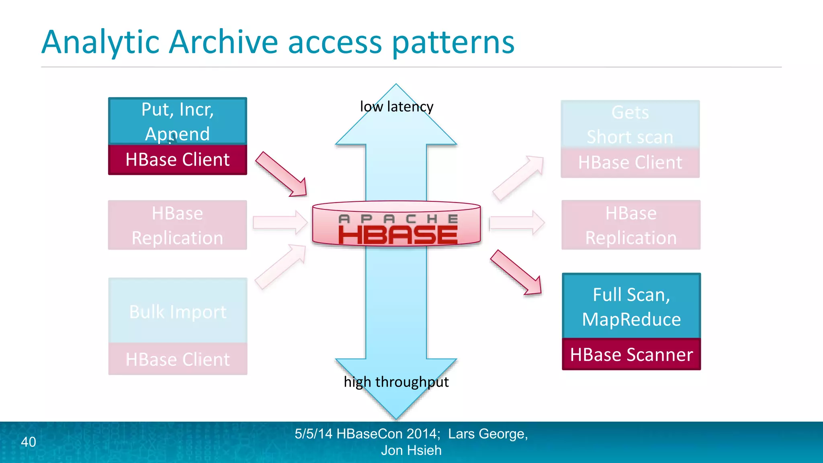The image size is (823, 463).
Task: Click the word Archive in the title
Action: (223, 42)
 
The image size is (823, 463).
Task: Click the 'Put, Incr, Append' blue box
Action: (177, 121)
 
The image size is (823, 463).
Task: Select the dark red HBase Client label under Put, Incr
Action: (177, 160)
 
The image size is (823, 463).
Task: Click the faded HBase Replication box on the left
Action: (177, 225)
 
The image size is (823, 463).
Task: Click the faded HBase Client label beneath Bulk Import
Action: (177, 359)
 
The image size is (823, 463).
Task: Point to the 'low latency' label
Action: (396, 107)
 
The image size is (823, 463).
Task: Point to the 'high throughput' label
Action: (396, 381)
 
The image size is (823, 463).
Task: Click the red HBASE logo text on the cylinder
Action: (397, 235)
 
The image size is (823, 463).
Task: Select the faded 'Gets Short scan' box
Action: (630, 124)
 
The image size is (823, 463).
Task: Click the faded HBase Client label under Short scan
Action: (630, 163)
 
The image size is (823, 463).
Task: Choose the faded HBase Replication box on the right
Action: (631, 225)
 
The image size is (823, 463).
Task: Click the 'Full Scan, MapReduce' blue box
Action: (631, 306)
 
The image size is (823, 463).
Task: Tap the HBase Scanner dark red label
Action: (631, 354)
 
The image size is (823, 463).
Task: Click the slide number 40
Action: (28, 442)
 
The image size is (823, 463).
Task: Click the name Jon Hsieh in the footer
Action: (411, 451)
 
